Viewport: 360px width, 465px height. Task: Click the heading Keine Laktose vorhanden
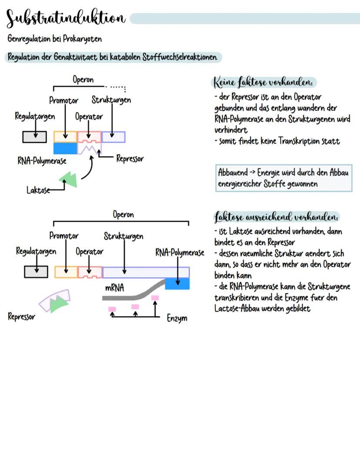coord(264,82)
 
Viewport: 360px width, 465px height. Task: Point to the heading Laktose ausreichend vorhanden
coord(277,217)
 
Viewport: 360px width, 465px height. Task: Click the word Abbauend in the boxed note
coord(233,172)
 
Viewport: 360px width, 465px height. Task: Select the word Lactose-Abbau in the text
coord(237,308)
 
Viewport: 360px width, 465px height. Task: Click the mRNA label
coord(114,288)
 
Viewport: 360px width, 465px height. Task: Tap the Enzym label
coord(177,318)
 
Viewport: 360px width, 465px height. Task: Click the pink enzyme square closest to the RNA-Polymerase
coord(155,298)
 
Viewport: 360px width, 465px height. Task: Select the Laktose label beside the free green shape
coord(38,191)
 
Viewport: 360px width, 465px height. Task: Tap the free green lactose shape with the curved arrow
coord(69,178)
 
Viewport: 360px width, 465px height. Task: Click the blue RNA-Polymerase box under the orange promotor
coord(65,148)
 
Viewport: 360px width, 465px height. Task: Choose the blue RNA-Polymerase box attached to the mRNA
coord(177,284)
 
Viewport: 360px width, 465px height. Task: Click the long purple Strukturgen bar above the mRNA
coord(146,272)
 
